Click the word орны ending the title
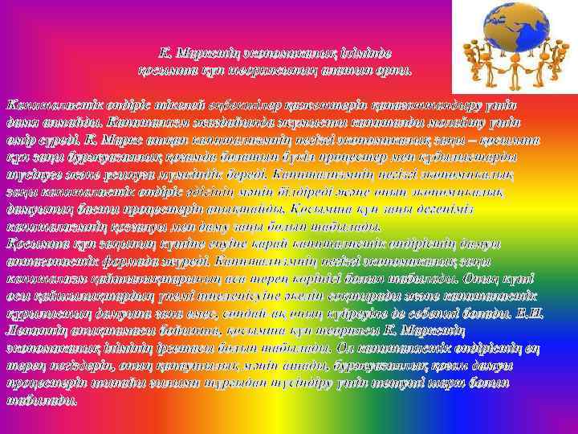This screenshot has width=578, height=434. pyautogui.click(x=394, y=70)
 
